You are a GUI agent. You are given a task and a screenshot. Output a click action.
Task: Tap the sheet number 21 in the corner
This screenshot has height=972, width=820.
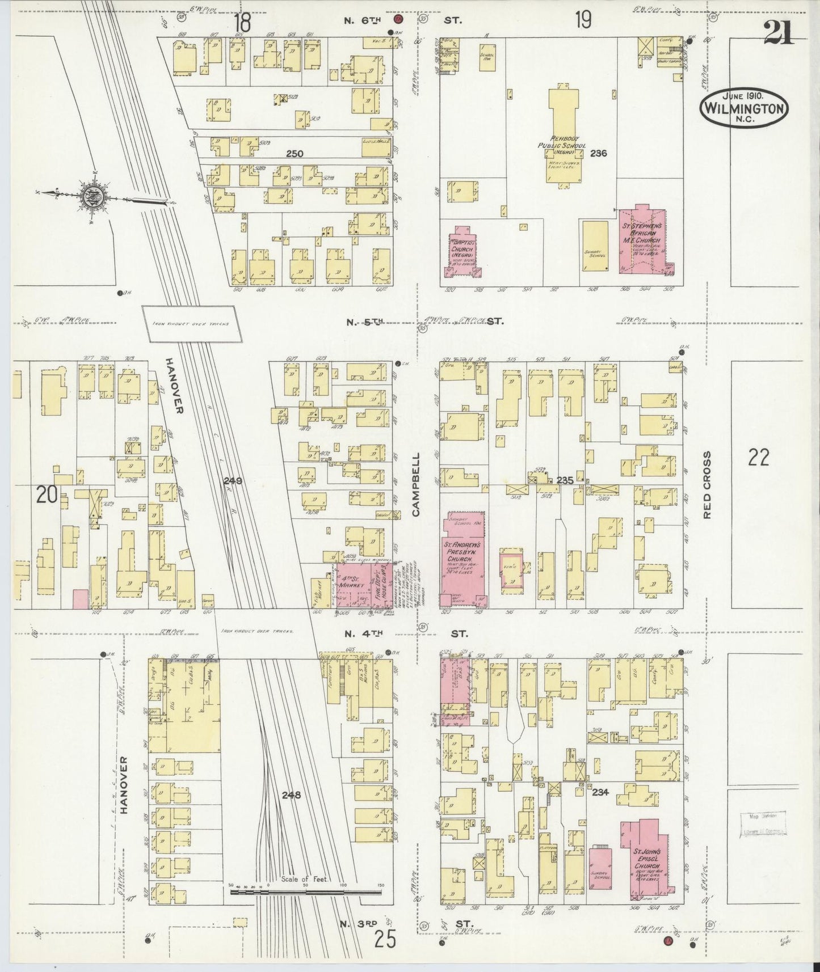780,32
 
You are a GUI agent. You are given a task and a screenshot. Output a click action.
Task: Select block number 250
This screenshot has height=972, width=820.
295,153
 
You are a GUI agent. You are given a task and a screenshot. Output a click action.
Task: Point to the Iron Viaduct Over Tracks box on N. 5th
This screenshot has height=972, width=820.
190,324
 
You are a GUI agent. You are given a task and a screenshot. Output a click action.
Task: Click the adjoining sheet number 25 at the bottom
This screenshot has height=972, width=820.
385,940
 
